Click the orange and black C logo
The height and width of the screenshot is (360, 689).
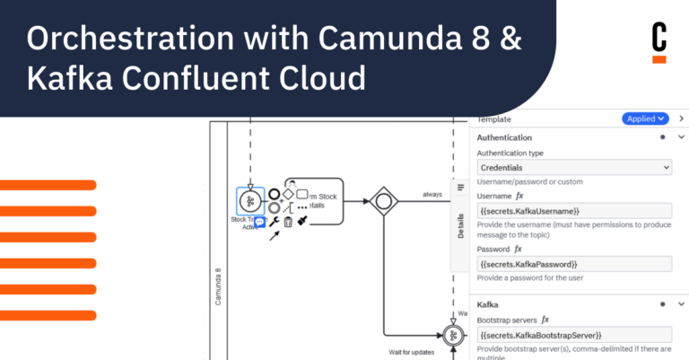coord(659,42)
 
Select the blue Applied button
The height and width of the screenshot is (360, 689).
coord(645,119)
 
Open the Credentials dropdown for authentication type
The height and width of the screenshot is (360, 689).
coord(574,167)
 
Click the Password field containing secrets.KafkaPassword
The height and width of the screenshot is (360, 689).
coord(574,264)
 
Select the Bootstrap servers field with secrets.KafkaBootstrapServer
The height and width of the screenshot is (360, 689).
coord(574,335)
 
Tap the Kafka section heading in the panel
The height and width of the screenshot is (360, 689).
coord(489,305)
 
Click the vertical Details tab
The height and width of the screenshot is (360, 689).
coord(461,228)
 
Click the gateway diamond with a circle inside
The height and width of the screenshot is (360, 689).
coord(384,199)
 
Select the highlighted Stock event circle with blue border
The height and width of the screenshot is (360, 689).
coord(250,200)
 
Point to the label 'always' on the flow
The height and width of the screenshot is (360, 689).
coord(433,194)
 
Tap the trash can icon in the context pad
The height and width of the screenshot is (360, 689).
coord(288,222)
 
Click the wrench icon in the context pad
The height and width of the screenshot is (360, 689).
coord(274,222)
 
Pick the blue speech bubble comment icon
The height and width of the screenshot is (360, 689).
coord(259,221)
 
